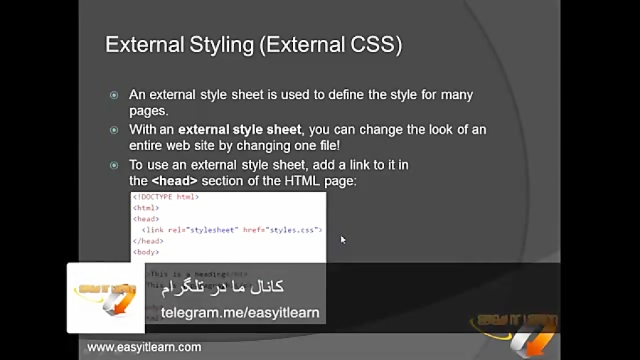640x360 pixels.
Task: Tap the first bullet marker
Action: pos(114,95)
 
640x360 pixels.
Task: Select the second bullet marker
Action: pos(114,130)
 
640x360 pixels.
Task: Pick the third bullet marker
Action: pos(114,165)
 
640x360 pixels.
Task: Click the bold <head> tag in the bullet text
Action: pos(174,181)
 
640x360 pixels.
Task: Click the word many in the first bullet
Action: pos(457,95)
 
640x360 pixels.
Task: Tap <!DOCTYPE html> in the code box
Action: pos(166,197)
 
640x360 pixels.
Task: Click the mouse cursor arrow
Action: pos(343,240)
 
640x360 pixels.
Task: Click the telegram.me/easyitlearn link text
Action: pos(240,312)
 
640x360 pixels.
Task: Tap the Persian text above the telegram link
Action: pos(223,287)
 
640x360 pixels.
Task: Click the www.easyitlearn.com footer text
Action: pos(144,347)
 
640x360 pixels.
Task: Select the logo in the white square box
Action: pos(105,297)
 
